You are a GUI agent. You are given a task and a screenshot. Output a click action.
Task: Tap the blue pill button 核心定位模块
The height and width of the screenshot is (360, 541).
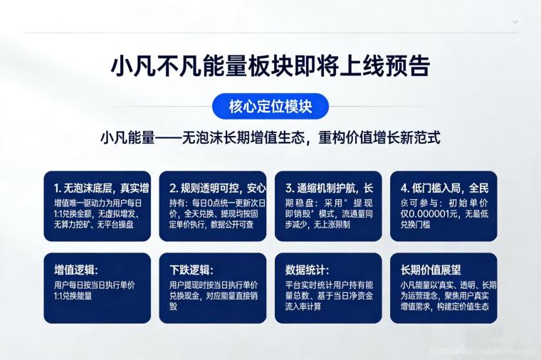(270, 107)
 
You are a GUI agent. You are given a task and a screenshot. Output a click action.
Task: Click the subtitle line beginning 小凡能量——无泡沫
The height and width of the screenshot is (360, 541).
(270, 137)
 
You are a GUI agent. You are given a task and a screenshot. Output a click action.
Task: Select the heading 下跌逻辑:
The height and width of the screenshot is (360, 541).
(191, 270)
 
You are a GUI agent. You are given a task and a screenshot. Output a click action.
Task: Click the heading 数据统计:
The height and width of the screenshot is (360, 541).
(307, 270)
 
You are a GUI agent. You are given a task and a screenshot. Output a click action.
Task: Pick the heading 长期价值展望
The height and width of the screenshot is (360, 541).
(431, 270)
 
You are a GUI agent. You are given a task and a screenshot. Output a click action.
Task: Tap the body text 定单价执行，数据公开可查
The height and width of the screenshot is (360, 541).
(210, 225)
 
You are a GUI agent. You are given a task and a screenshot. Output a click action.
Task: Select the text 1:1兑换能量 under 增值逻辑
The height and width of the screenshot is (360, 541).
(73, 295)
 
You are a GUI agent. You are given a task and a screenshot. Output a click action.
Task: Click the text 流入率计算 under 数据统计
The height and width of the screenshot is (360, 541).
(303, 307)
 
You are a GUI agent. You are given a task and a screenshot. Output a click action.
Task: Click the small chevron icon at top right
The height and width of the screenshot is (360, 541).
(515, 22)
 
